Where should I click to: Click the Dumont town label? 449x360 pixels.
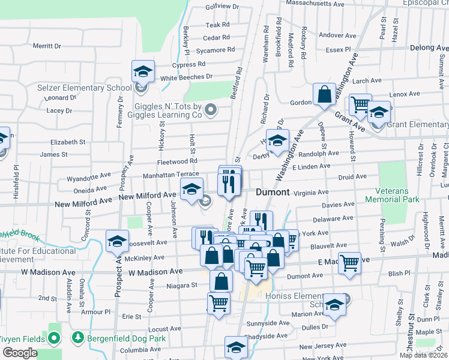(273, 193)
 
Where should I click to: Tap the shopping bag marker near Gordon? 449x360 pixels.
(324, 95)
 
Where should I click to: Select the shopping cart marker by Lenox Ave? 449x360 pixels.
(360, 105)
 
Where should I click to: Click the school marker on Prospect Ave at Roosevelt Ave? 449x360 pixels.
(117, 242)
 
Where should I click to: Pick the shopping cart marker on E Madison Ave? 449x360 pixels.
(349, 263)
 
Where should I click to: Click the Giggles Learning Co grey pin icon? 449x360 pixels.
(210, 110)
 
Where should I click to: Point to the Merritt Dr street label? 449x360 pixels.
(47, 46)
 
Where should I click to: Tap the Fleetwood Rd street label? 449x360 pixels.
(177, 161)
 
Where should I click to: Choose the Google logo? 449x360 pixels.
(20, 353)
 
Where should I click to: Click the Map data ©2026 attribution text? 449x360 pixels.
(423, 355)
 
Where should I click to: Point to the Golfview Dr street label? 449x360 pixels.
(222, 7)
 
